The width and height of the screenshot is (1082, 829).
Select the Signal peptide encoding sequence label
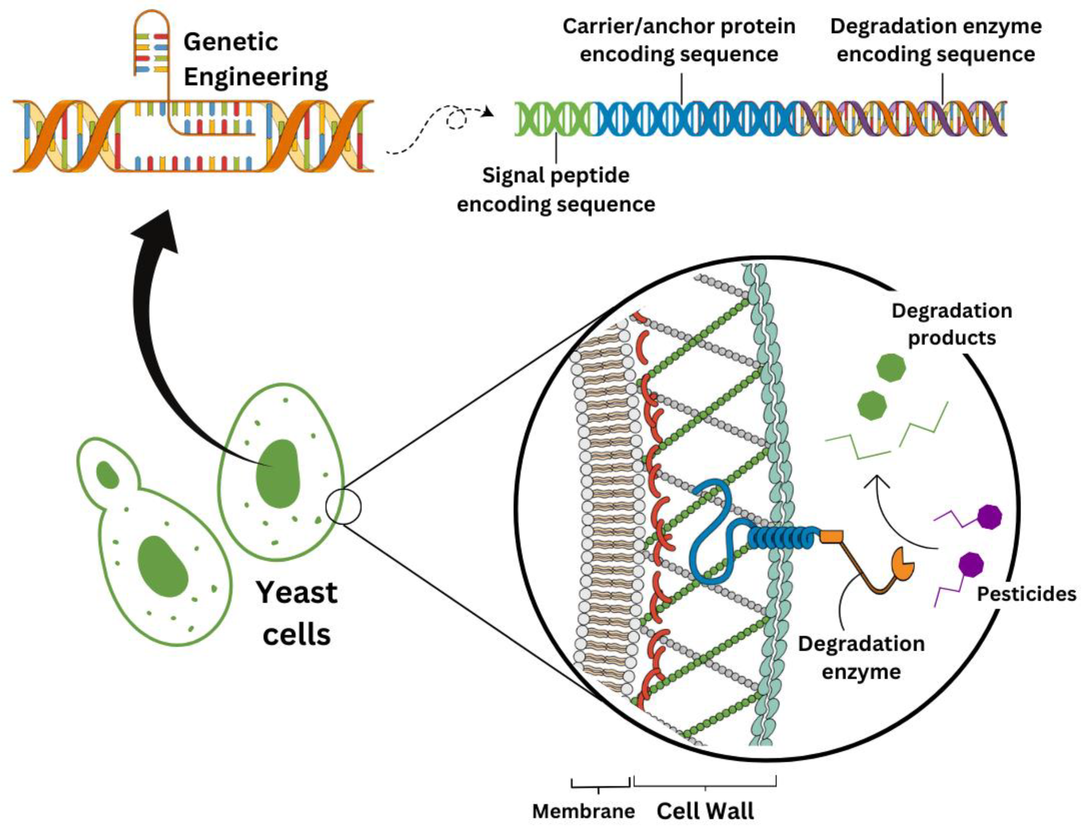coord(556,189)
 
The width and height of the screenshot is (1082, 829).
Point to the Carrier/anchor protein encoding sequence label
coord(679,40)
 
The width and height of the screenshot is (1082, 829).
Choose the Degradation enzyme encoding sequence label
coord(936,40)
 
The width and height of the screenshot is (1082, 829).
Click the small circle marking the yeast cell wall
coord(343,506)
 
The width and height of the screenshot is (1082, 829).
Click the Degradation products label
coord(952,324)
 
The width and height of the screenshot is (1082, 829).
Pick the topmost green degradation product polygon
coord(891,367)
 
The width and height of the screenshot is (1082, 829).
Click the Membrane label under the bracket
coord(583,811)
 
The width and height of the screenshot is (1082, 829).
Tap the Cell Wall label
coord(705,811)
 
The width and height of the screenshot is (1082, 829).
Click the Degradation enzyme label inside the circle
coord(861,657)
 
